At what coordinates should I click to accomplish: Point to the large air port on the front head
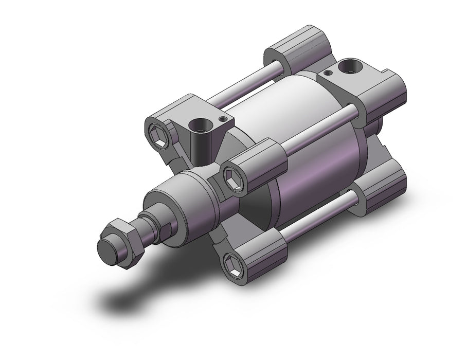[198, 125]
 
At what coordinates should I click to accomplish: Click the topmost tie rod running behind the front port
[247, 82]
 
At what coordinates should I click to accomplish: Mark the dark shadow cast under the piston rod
[129, 293]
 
